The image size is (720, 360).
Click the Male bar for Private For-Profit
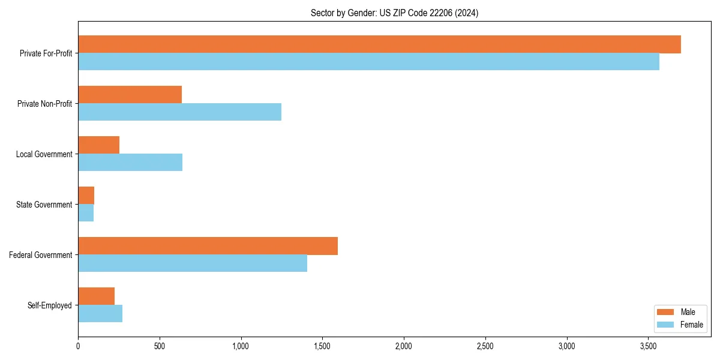(379, 44)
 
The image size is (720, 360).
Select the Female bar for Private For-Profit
(368, 62)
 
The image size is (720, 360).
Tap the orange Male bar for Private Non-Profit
(130, 95)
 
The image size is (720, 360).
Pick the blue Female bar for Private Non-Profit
(179, 112)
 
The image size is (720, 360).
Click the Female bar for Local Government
(130, 163)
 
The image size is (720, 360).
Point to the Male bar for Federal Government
(208, 246)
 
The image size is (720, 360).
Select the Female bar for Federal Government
(193, 263)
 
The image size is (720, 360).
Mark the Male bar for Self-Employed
(96, 296)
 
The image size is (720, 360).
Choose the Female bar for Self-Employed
(100, 314)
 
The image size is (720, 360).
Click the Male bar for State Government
(86, 196)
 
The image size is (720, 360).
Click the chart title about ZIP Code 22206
(394, 13)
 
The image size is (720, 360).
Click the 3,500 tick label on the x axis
(648, 346)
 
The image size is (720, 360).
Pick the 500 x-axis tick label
(160, 346)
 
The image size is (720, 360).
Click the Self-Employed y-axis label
(49, 305)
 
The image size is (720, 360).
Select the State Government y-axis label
(44, 205)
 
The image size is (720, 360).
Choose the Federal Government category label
(40, 255)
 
